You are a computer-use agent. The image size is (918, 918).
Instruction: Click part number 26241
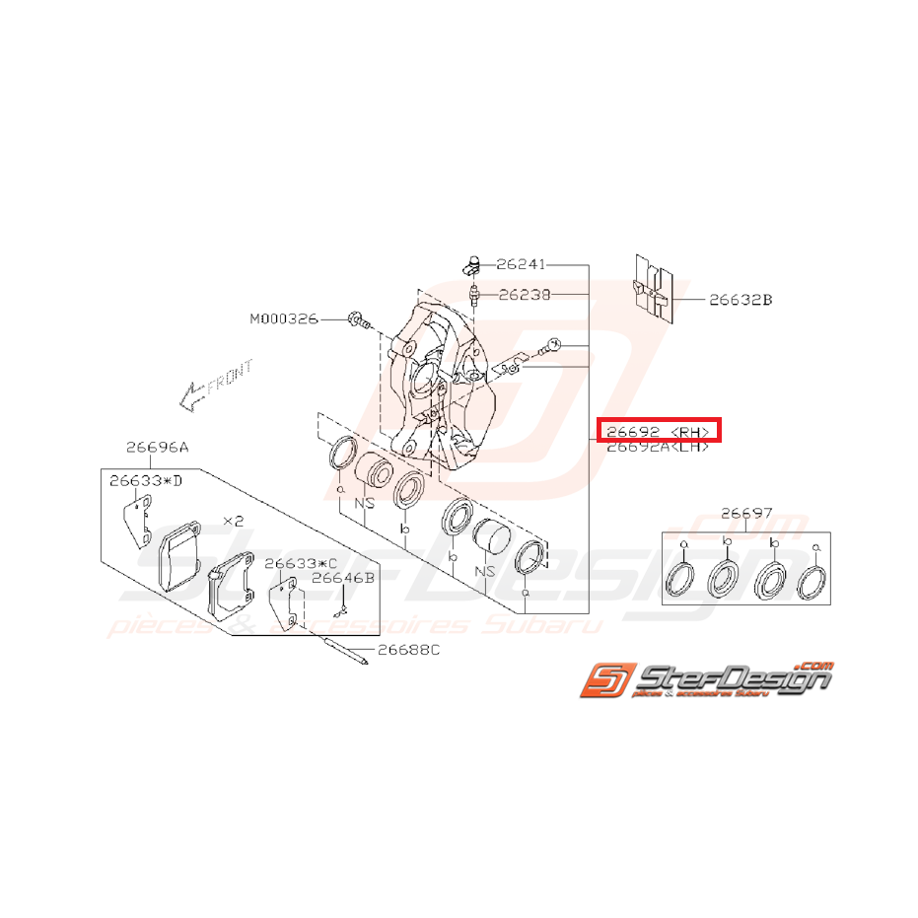[520, 264]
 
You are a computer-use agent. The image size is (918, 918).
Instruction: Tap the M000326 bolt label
[283, 318]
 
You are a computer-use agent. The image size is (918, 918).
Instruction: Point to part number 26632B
[740, 299]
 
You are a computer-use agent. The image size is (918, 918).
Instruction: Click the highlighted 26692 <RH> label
[659, 430]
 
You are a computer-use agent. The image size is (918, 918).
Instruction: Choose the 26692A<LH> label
[658, 447]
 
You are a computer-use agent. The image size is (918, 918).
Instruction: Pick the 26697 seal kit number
[746, 514]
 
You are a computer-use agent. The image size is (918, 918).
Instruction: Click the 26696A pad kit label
[157, 446]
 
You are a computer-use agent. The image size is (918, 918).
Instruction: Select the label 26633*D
[146, 480]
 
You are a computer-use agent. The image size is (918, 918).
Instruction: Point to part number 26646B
[343, 579]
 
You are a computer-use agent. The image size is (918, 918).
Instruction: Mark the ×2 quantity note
[234, 519]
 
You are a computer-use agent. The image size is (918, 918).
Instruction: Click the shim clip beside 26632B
[653, 289]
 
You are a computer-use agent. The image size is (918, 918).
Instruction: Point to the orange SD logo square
[602, 681]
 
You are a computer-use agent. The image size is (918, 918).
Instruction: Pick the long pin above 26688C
[345, 648]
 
